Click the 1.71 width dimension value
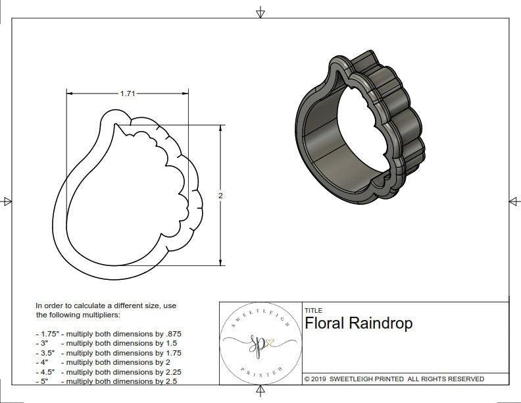pyautogui.click(x=128, y=94)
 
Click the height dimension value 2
pyautogui.click(x=220, y=196)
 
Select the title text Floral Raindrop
pyautogui.click(x=359, y=324)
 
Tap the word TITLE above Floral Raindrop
pyautogui.click(x=313, y=310)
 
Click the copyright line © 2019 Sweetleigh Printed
pyautogui.click(x=394, y=379)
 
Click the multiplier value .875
pyautogui.click(x=172, y=334)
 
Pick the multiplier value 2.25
pyautogui.click(x=170, y=371)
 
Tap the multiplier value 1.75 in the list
pyautogui.click(x=170, y=353)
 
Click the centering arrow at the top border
pyautogui.click(x=260, y=13)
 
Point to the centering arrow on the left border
pyautogui.click(x=7, y=201)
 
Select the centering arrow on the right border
pyautogui.click(x=514, y=201)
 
